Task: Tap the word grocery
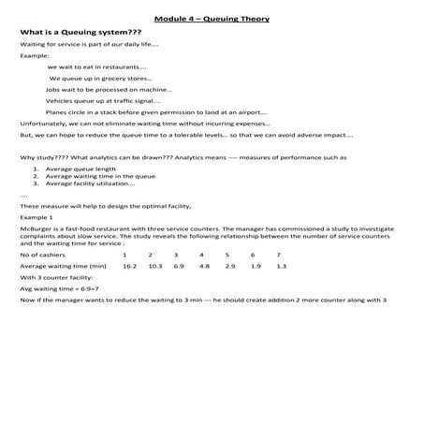(124, 78)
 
